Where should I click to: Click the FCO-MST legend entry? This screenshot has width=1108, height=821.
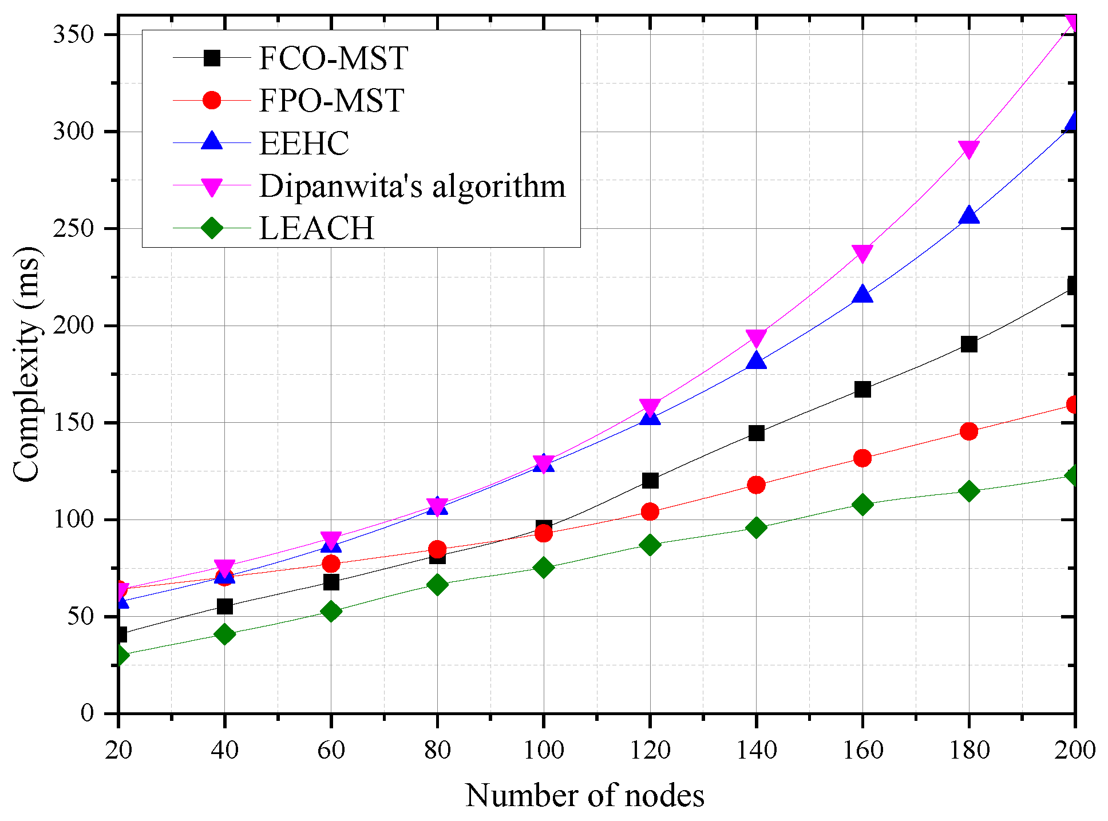click(x=333, y=58)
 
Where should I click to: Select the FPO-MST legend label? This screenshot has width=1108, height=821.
click(x=331, y=101)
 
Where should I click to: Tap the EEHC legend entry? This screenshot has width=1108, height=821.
click(x=304, y=143)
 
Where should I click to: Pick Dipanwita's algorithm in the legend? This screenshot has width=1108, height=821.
click(x=412, y=186)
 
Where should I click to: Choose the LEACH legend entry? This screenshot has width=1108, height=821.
click(x=316, y=228)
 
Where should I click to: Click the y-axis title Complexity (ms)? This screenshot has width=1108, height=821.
click(x=27, y=364)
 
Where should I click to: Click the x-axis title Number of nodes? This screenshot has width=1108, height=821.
click(x=584, y=795)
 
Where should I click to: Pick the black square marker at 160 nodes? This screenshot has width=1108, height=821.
click(x=862, y=390)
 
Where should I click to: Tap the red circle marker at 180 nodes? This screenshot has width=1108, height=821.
click(x=968, y=431)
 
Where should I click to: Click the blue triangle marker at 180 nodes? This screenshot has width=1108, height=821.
click(x=968, y=216)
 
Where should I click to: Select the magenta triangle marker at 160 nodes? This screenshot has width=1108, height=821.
click(x=862, y=253)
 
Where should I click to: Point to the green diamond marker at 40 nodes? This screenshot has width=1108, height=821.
click(x=224, y=634)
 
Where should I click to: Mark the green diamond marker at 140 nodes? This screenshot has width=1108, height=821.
click(x=756, y=527)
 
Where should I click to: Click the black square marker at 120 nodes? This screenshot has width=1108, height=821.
click(x=650, y=481)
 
